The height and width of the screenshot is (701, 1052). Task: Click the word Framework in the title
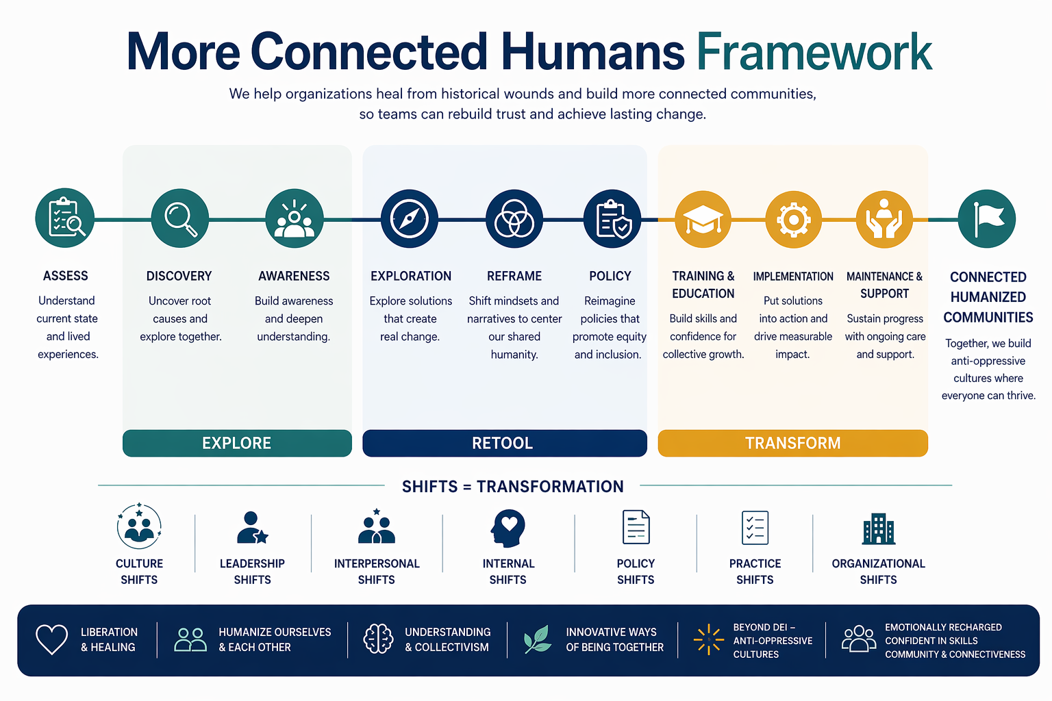[x=814, y=51]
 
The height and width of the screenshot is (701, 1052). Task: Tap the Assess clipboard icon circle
[x=65, y=218]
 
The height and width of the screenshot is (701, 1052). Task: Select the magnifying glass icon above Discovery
[x=180, y=218]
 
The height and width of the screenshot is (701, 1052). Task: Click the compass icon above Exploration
[x=410, y=219]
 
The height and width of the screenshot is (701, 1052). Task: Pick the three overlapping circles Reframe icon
[x=514, y=219]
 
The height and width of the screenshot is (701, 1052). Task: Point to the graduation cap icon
[x=703, y=219]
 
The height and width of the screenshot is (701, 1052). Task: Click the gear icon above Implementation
[x=794, y=219]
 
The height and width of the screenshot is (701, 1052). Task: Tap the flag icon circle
[x=987, y=219]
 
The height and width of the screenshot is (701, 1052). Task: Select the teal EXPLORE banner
[x=237, y=443]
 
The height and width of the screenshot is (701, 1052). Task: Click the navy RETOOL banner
[x=505, y=443]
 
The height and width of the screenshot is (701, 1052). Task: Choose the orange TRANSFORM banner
[x=792, y=443]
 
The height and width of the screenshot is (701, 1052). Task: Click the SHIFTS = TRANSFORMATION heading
[x=513, y=487]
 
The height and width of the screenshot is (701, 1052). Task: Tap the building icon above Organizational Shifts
[x=879, y=528]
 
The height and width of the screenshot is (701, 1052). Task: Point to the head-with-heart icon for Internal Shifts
[x=508, y=528]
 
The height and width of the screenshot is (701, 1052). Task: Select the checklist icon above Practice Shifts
[x=755, y=528]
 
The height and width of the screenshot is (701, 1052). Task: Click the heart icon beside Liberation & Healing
[x=51, y=639]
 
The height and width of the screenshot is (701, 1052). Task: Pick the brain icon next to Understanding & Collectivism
[x=378, y=639]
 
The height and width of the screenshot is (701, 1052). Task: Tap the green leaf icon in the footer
[x=537, y=639]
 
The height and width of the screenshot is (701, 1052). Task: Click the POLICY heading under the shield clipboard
[x=610, y=276]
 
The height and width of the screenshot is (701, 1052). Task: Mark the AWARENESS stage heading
[x=294, y=276]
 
